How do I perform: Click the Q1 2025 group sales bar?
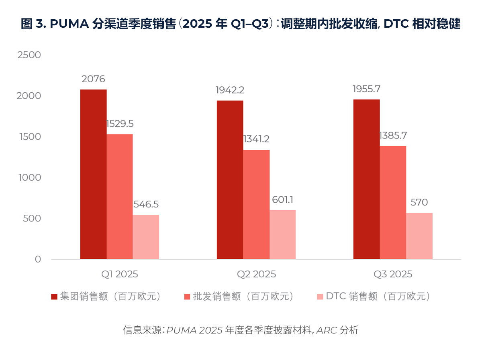93,174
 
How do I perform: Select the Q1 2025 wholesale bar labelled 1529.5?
120,197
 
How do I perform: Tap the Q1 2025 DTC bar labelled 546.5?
146,237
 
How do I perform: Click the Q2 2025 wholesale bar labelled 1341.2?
256,204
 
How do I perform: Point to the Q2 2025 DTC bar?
282,234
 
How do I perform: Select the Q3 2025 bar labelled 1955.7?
366,179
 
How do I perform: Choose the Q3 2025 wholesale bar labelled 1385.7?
393,203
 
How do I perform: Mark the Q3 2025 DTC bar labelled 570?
419,236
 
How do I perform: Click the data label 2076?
93,79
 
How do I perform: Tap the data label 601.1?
282,200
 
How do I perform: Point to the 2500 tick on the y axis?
29,55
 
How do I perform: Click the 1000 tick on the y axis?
29,177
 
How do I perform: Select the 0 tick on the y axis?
38,259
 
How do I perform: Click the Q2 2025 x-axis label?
256,274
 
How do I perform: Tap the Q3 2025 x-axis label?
393,274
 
